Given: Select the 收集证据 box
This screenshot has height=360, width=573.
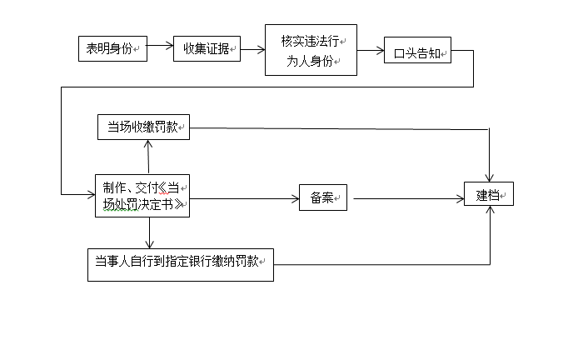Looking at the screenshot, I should point(206,48).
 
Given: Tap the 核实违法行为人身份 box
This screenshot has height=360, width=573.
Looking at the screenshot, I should point(311,49).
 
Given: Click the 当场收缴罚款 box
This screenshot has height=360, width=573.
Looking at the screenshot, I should point(144,127).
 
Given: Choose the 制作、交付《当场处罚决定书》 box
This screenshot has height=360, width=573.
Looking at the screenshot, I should point(142,196).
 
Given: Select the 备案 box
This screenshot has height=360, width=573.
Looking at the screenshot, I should point(322,197).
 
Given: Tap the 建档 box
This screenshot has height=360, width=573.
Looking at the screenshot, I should point(488,194).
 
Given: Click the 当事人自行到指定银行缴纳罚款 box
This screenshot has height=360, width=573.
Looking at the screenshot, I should point(180,263).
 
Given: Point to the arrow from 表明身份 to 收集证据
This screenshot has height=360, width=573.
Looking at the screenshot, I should point(160,48).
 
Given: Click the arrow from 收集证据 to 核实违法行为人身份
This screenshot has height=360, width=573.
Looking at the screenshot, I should point(252,48).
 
